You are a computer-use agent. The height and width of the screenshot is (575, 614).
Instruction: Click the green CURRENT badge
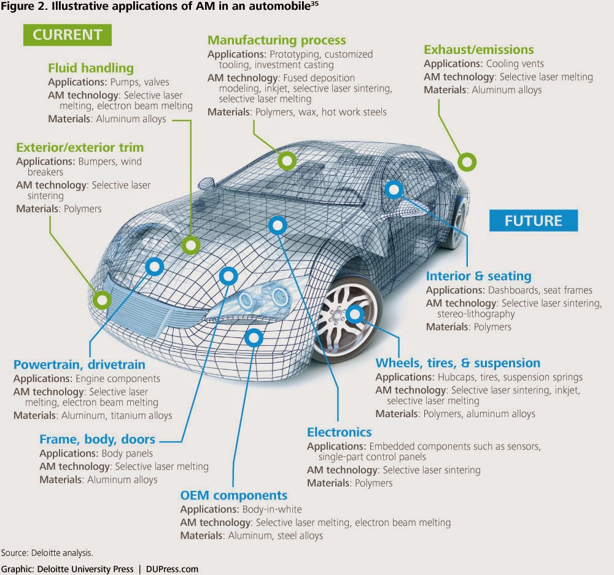(x=67, y=35)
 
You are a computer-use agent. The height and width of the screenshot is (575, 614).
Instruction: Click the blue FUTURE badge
(x=534, y=221)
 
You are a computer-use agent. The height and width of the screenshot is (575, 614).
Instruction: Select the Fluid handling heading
(x=90, y=68)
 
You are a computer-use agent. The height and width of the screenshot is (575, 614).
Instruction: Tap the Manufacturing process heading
(x=276, y=41)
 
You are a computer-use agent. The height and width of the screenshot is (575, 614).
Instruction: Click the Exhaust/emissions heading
(x=479, y=50)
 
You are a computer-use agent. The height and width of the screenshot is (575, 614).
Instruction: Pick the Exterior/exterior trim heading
(x=80, y=147)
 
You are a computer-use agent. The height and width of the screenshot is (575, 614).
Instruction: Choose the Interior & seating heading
(x=479, y=276)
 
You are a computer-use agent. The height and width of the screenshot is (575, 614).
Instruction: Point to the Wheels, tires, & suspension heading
(x=458, y=363)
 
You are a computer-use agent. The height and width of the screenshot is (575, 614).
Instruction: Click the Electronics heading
(x=339, y=432)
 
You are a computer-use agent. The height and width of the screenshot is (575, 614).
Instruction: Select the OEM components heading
(x=233, y=495)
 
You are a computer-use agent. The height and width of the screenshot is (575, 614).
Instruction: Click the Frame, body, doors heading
(x=97, y=439)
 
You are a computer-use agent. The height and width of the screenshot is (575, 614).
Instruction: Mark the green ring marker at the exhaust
(x=467, y=163)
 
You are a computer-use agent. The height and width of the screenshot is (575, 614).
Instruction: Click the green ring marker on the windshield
(x=287, y=161)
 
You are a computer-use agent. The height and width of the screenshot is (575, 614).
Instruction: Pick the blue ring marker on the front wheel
(x=355, y=316)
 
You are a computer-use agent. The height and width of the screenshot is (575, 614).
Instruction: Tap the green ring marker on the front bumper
(x=101, y=300)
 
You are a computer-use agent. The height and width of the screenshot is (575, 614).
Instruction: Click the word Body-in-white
(x=273, y=509)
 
